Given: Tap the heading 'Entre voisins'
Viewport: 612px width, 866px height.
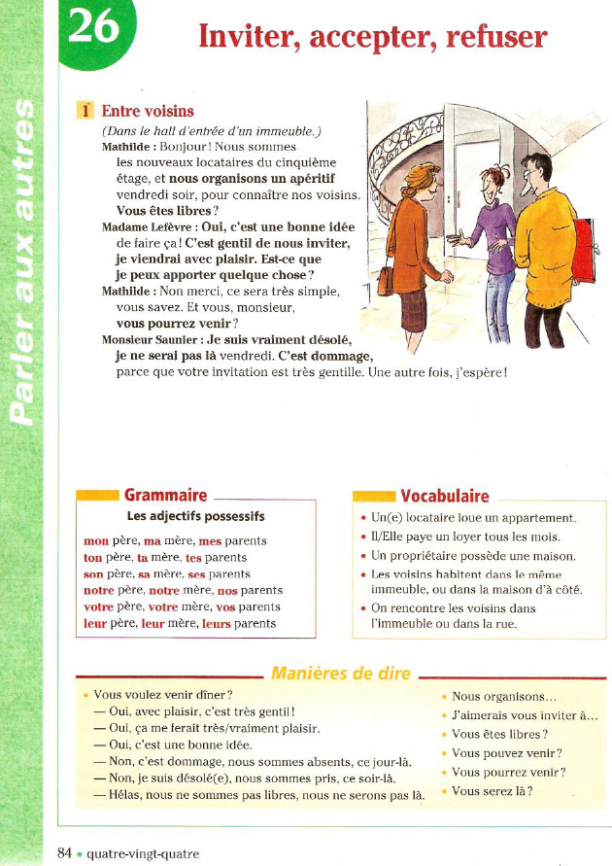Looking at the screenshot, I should click(x=148, y=112).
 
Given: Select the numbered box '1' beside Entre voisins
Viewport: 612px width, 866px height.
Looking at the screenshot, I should click(x=84, y=112).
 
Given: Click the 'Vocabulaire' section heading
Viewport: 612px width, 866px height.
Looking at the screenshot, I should click(x=444, y=497).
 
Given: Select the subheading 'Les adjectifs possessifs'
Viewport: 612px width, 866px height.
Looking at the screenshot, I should click(x=196, y=516).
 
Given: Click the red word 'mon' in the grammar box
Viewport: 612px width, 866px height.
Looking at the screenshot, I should click(x=96, y=541).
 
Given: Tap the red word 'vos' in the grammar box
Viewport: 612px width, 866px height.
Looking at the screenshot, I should click(x=226, y=607).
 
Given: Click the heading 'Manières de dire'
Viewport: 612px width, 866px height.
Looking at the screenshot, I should click(x=340, y=673).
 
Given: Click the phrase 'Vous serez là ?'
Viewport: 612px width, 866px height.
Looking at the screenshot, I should click(x=493, y=791).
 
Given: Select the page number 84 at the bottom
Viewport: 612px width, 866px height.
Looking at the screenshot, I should click(x=65, y=853).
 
